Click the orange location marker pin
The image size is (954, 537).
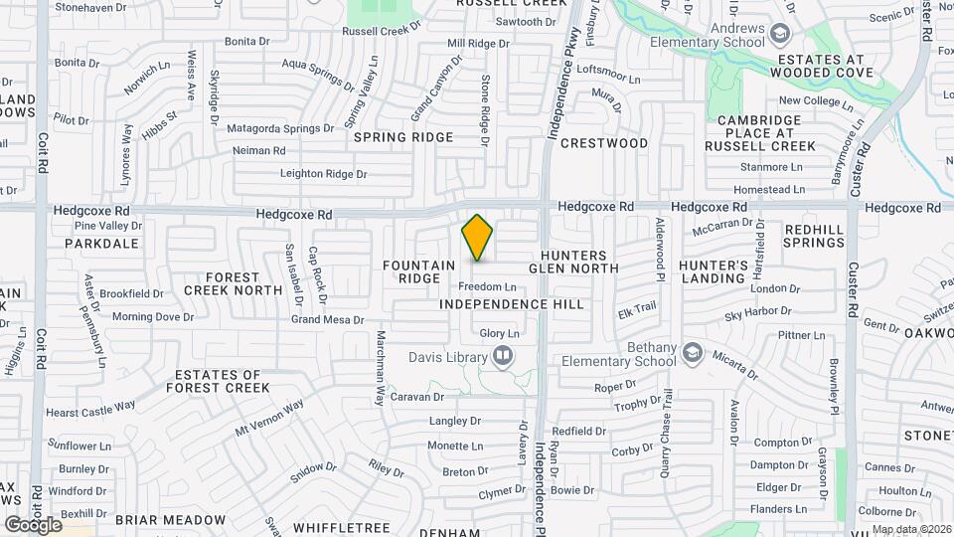pos(478,238)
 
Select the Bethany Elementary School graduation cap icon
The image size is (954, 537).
pos(693,353)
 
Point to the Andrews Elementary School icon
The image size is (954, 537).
pos(781,35)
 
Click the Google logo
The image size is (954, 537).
pos(33,524)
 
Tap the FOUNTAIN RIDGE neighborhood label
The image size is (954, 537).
pos(418,272)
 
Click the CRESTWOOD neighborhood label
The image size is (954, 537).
pos(604,143)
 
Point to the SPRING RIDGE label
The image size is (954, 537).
pos(403,137)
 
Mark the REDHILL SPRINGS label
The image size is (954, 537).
pos(814,236)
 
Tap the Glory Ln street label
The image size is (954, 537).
pos(500,334)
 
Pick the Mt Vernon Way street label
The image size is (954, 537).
pos(268,420)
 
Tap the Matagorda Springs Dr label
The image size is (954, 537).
pos(280,128)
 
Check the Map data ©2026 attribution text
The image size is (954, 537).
pos(910,528)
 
